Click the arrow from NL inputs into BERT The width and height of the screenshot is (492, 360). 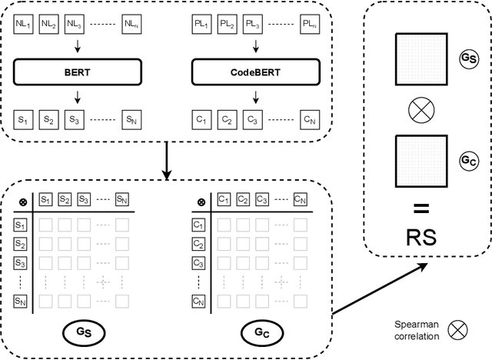click(x=74, y=52)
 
